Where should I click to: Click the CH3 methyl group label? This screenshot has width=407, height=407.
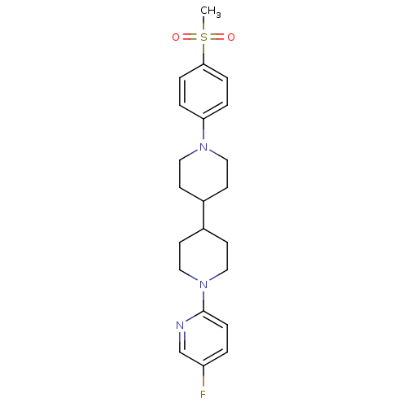point(210,11)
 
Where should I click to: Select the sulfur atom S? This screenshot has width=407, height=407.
point(203,37)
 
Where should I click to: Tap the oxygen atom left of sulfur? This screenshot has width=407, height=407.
point(176,37)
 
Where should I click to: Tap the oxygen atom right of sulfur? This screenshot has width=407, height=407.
point(231,37)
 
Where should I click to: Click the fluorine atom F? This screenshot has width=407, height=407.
point(203,394)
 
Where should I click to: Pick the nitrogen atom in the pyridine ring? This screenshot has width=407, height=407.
point(180,326)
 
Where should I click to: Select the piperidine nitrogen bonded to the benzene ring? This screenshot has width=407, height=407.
point(203,147)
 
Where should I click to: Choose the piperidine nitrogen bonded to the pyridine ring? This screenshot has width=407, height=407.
point(203,285)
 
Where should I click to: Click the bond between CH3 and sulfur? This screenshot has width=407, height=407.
point(203,24)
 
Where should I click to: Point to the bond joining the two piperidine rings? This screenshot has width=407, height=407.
point(203,215)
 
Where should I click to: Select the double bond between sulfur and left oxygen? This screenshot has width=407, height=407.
point(190,37)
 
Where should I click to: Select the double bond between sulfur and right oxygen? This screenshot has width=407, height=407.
point(217,37)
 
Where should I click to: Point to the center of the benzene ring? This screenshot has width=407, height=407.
point(203,92)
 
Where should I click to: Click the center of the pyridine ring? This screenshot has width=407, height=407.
point(203,338)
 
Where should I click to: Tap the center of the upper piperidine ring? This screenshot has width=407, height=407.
point(203,173)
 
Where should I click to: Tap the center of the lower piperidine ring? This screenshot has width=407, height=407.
point(203,256)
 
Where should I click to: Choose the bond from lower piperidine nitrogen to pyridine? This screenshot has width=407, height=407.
point(203,300)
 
